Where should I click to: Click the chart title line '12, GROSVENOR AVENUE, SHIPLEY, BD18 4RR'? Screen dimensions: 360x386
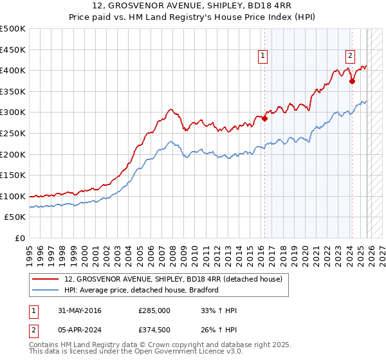pyautogui.click(x=193, y=6)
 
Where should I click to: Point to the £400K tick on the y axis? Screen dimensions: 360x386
pyautogui.click(x=13, y=71)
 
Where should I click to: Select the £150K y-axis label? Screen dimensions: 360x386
pyautogui.click(x=13, y=175)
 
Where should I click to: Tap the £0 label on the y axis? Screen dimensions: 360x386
pyautogui.click(x=19, y=238)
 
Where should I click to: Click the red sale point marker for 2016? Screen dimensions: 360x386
pyautogui.click(x=264, y=118)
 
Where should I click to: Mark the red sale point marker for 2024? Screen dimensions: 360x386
pyautogui.click(x=352, y=81)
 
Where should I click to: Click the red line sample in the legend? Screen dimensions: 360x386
pyautogui.click(x=46, y=279)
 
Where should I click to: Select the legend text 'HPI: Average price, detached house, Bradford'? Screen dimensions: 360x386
pyautogui.click(x=142, y=290)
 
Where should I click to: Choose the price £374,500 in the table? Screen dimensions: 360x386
pyautogui.click(x=154, y=332)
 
